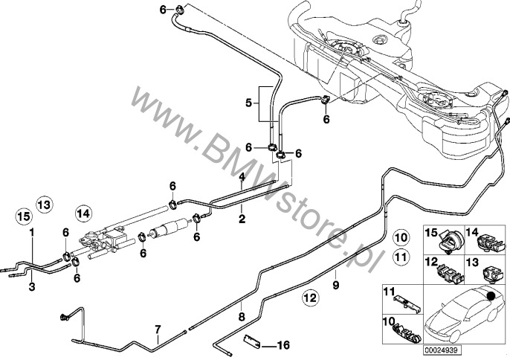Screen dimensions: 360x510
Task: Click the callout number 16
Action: point(283,345)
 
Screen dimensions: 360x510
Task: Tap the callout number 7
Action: point(157,329)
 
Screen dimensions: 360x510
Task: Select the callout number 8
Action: point(240,316)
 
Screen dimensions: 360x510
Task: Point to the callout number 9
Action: point(335,284)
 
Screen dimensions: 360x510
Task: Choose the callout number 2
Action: point(241,219)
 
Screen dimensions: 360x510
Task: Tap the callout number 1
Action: point(32,233)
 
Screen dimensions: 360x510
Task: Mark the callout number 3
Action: point(32,285)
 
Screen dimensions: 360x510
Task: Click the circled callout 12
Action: point(309,299)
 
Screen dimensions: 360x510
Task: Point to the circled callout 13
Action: point(45,203)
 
